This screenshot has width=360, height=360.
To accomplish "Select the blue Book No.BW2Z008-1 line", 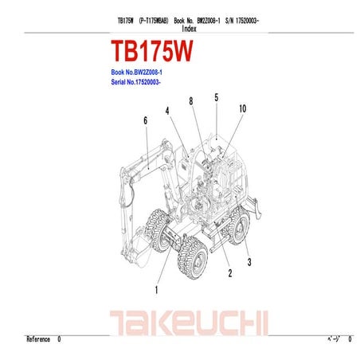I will [142, 72].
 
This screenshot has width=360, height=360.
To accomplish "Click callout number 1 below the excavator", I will [157, 290].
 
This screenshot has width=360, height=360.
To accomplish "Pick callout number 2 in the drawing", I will [230, 274].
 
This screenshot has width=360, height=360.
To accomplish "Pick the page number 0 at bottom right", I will [350, 339].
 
